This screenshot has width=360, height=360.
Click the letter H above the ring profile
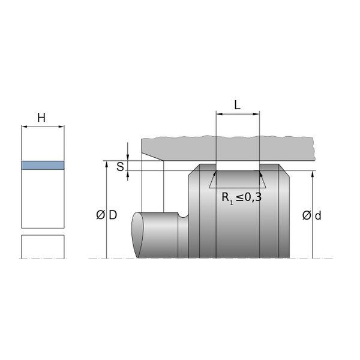click(x=41, y=118)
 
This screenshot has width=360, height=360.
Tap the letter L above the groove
click(x=237, y=106)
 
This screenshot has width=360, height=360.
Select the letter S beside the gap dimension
click(x=120, y=167)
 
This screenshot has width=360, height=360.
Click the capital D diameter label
click(x=113, y=215)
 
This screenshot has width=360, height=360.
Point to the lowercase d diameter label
click(x=318, y=215)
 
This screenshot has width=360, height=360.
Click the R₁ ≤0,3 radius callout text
click(x=242, y=197)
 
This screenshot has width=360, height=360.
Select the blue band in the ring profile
click(x=43, y=166)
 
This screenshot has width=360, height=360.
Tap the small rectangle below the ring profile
click(x=43, y=247)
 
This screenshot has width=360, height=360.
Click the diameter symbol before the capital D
click(x=100, y=215)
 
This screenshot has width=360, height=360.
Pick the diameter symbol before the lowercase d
click(x=307, y=215)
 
